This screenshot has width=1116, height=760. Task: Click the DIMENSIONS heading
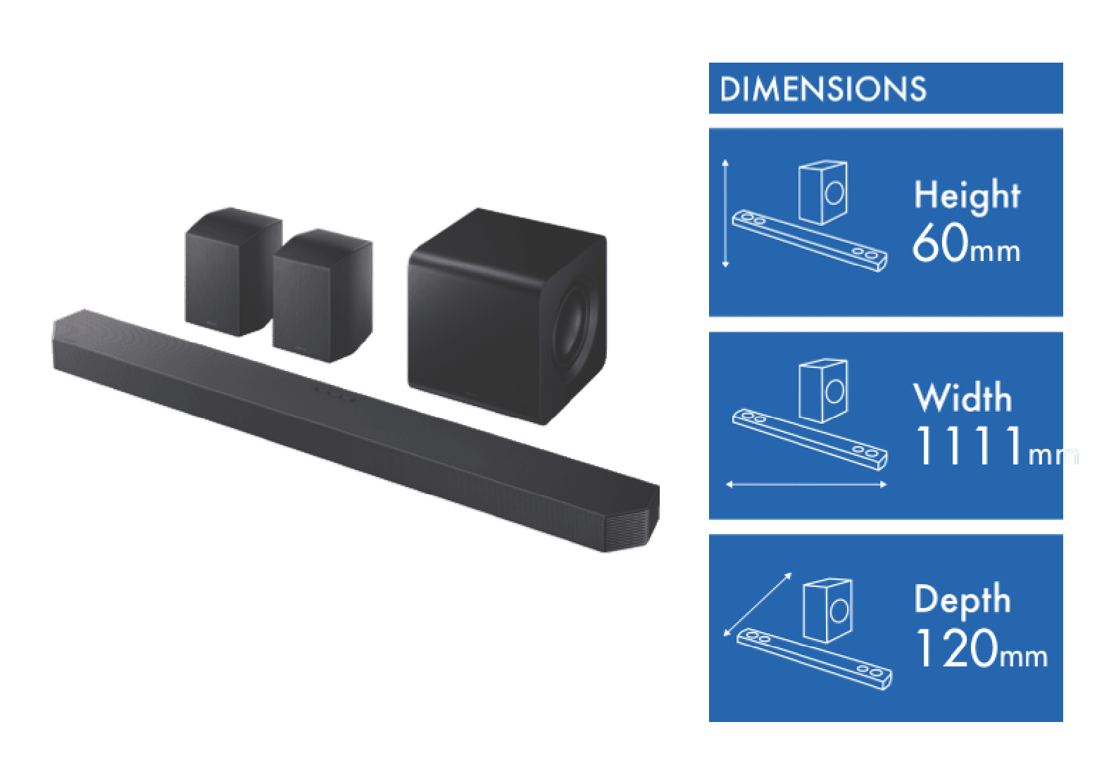click(822, 89)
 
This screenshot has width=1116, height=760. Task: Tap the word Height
click(967, 195)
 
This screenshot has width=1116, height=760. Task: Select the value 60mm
click(965, 244)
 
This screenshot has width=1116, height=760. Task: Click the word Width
click(963, 398)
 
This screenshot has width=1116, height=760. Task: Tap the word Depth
click(962, 600)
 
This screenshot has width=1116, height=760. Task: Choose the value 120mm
click(980, 649)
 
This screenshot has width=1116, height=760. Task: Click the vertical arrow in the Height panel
click(726, 213)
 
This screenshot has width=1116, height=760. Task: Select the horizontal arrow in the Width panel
click(805, 484)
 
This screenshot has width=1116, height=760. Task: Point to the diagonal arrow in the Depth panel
click(758, 604)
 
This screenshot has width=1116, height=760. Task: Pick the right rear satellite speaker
click(322, 296)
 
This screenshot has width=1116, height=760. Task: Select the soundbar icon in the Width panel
click(809, 438)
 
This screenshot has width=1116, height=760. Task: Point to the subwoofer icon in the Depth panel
click(829, 610)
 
